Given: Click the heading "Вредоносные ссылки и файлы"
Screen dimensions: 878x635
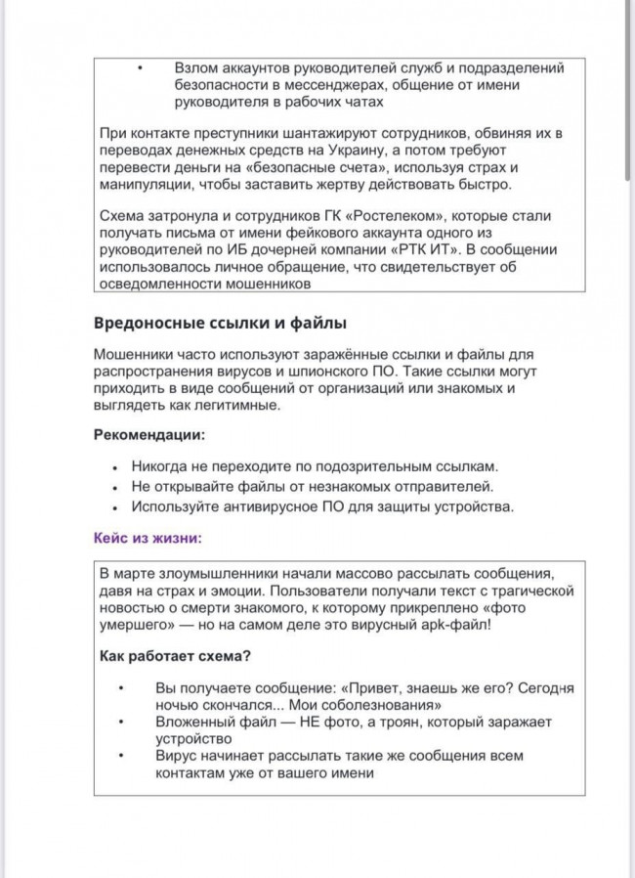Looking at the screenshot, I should click(220, 323).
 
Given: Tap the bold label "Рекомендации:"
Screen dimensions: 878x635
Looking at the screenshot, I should click(149, 435).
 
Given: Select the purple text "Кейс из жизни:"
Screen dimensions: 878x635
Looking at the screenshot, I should click(148, 537).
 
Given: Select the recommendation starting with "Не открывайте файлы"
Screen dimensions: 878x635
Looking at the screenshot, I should click(313, 486).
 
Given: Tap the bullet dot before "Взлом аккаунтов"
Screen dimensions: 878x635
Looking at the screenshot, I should click(140, 67).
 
